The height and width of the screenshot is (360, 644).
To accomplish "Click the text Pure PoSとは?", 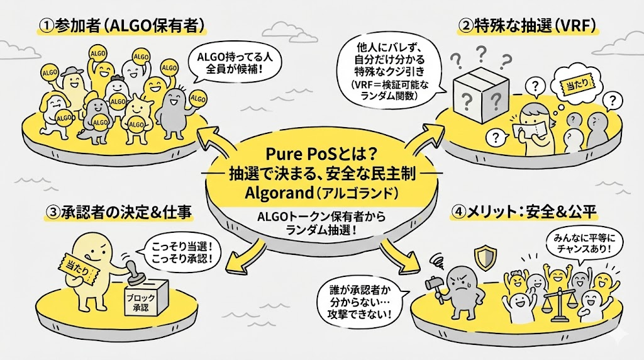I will (x=321, y=153).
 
